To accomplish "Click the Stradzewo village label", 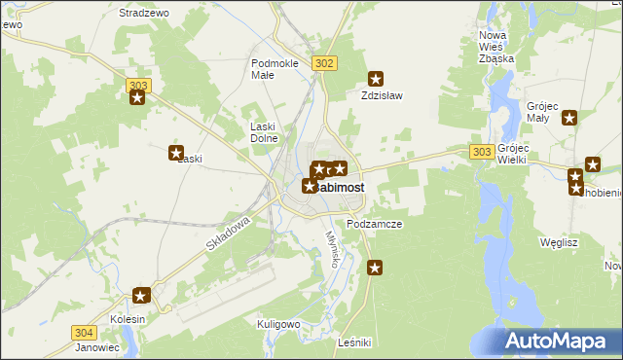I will pyautogui.click(x=144, y=13).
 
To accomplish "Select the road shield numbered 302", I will pyautogui.click(x=325, y=62).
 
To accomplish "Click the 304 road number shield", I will pyautogui.click(x=84, y=332).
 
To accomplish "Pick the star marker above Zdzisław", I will pyautogui.click(x=375, y=79).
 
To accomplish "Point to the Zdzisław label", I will pyautogui.click(x=382, y=96).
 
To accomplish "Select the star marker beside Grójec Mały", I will pyautogui.click(x=569, y=118).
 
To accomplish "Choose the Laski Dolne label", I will pyautogui.click(x=264, y=131).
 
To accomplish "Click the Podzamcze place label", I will pyautogui.click(x=374, y=224).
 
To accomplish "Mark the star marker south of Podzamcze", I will pyautogui.click(x=374, y=267).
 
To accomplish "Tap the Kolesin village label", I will pyautogui.click(x=128, y=319).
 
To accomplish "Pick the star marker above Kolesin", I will pyautogui.click(x=141, y=296).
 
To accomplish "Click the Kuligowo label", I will pyautogui.click(x=277, y=323).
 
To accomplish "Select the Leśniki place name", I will pyautogui.click(x=352, y=343).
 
